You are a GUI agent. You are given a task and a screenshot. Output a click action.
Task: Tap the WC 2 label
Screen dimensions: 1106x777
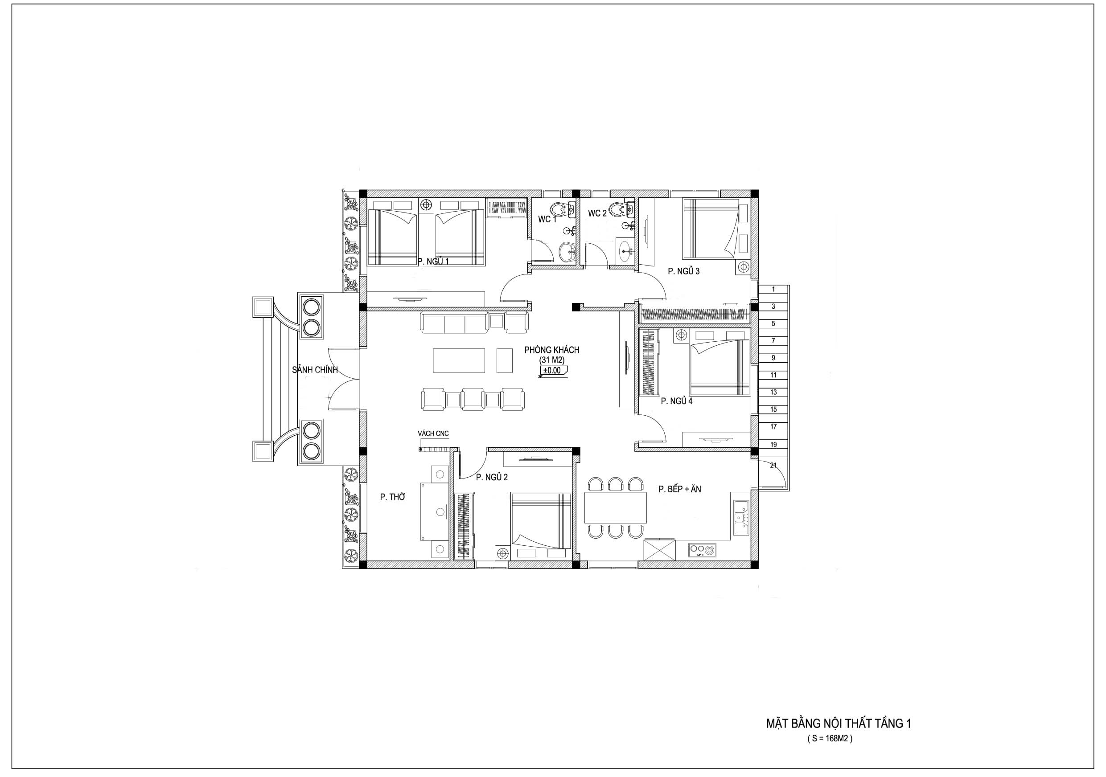pyautogui.click(x=597, y=213)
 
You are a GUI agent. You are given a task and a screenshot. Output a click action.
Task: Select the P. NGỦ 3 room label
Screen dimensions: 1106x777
pyautogui.click(x=683, y=271)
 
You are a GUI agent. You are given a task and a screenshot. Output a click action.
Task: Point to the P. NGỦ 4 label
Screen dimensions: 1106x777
pyautogui.click(x=676, y=401)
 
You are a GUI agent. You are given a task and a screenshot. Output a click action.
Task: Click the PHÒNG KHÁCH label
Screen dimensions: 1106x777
pyautogui.click(x=551, y=350)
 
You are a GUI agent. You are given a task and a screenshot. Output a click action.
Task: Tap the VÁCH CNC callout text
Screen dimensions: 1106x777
pyautogui.click(x=433, y=434)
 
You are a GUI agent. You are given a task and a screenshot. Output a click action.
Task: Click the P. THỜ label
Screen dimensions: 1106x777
pyautogui.click(x=393, y=497)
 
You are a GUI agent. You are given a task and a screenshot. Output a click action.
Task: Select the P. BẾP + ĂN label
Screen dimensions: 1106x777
pyautogui.click(x=680, y=489)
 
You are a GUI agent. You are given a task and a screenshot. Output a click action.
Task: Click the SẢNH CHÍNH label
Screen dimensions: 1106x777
pyautogui.click(x=315, y=370)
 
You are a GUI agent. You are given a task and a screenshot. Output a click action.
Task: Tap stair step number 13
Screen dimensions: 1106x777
pyautogui.click(x=773, y=393)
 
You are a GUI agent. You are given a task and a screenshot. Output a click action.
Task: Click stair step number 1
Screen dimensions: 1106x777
pyautogui.click(x=773, y=289)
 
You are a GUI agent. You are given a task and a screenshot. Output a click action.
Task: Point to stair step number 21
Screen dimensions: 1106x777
pyautogui.click(x=773, y=466)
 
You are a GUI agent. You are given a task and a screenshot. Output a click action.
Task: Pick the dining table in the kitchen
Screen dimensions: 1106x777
pyautogui.click(x=615, y=507)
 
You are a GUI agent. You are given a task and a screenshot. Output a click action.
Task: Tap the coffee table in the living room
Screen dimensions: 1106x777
pyautogui.click(x=459, y=360)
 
